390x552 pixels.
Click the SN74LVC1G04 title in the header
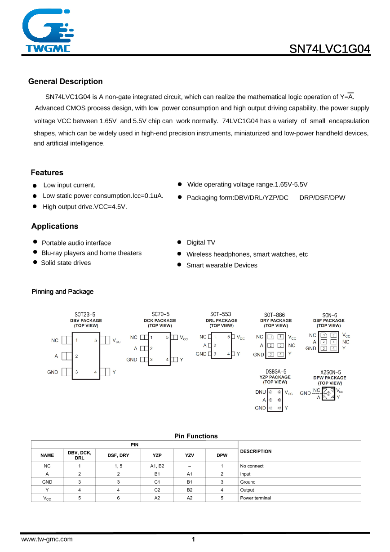(330, 49)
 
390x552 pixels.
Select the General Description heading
(65, 81)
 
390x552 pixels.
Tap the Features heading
(47, 173)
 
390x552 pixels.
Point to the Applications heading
(54, 226)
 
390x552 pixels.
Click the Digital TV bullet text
(201, 243)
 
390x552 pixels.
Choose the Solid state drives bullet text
(66, 263)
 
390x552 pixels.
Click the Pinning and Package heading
(62, 292)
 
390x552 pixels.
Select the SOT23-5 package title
(85, 315)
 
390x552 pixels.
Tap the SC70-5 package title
(160, 314)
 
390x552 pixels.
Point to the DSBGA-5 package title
(276, 372)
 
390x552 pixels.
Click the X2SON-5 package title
(330, 372)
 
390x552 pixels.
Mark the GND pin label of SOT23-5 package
(53, 372)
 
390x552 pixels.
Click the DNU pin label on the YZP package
(261, 392)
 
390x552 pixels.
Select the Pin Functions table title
(196, 436)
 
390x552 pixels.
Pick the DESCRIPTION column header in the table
(256, 451)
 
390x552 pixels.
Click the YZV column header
(190, 455)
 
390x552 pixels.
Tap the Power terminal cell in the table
(256, 498)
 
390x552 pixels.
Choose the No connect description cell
(252, 466)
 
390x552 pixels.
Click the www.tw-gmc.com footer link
(47, 539)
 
